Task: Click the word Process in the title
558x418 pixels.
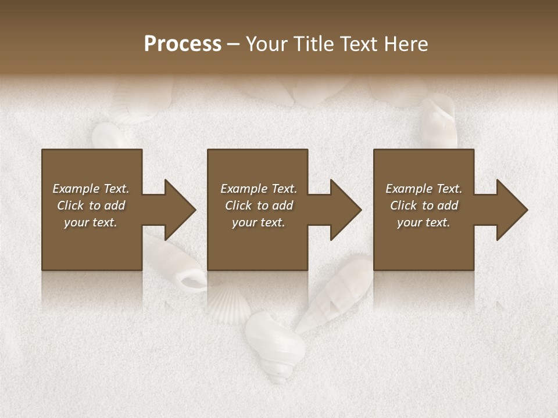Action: [x=183, y=44]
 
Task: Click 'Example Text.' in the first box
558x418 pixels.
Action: [x=91, y=189]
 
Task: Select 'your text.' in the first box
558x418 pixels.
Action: [x=91, y=222]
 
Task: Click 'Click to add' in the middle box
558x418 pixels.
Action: [x=259, y=206]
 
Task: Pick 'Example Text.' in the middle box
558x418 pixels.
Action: [x=259, y=189]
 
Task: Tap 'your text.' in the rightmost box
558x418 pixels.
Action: [x=423, y=222]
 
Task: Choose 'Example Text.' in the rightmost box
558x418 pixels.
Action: [x=423, y=189]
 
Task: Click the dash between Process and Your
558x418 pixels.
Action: [x=233, y=45]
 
